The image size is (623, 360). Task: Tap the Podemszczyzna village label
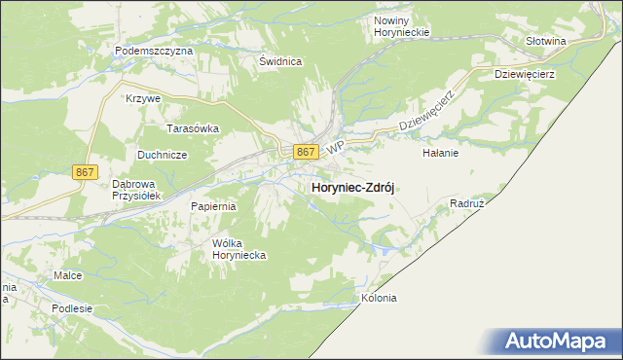pyautogui.click(x=154, y=50)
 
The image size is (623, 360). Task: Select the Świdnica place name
pyautogui.click(x=280, y=61)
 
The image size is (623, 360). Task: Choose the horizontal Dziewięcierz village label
pyautogui.click(x=524, y=73)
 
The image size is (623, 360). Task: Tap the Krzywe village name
pyautogui.click(x=142, y=99)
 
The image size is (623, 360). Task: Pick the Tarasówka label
pyautogui.click(x=193, y=127)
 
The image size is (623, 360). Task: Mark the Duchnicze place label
pyautogui.click(x=162, y=154)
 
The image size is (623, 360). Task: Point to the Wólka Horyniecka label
pyautogui.click(x=239, y=249)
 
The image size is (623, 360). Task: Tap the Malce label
pyautogui.click(x=68, y=276)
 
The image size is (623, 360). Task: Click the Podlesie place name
pyautogui.click(x=73, y=308)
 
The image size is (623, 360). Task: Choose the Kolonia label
pyautogui.click(x=379, y=298)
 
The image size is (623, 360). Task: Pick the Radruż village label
pyautogui.click(x=467, y=204)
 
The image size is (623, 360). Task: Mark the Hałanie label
pyautogui.click(x=440, y=153)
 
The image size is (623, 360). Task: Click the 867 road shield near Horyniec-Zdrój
pyautogui.click(x=306, y=152)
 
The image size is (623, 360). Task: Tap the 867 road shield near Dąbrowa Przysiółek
pyautogui.click(x=85, y=172)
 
